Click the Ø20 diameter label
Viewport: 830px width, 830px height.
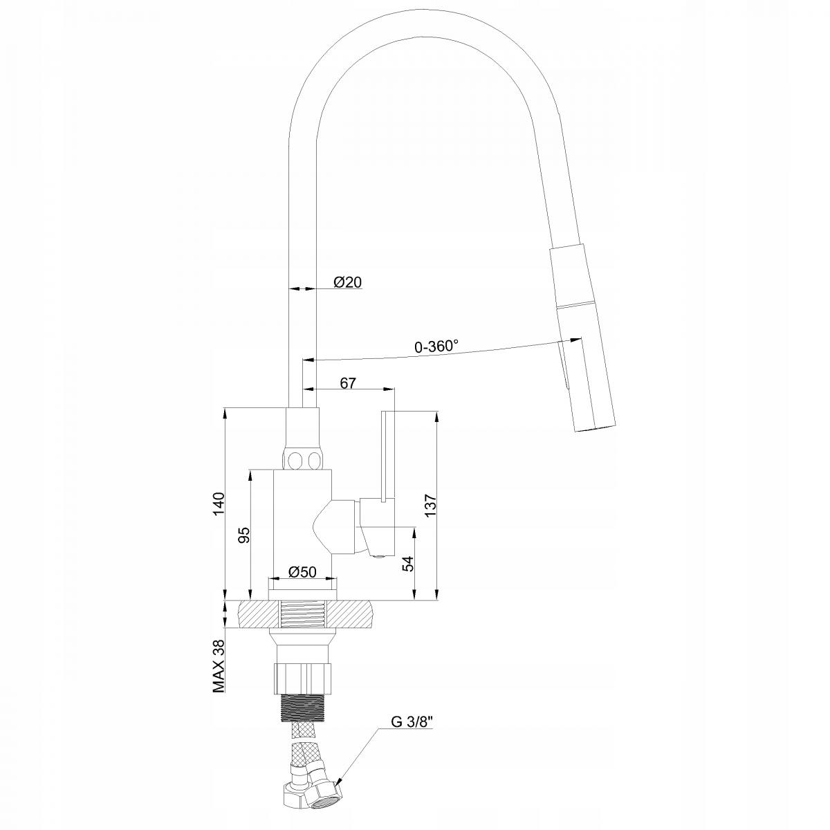[347, 282]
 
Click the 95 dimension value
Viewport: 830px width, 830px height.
[243, 536]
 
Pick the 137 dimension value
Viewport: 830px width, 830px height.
[430, 506]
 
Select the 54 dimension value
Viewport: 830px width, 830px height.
[408, 564]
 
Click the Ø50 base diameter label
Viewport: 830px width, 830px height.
[302, 572]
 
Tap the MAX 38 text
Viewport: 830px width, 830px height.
[219, 665]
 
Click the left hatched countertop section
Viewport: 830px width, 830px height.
[258, 614]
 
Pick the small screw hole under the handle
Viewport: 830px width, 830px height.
[377, 553]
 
